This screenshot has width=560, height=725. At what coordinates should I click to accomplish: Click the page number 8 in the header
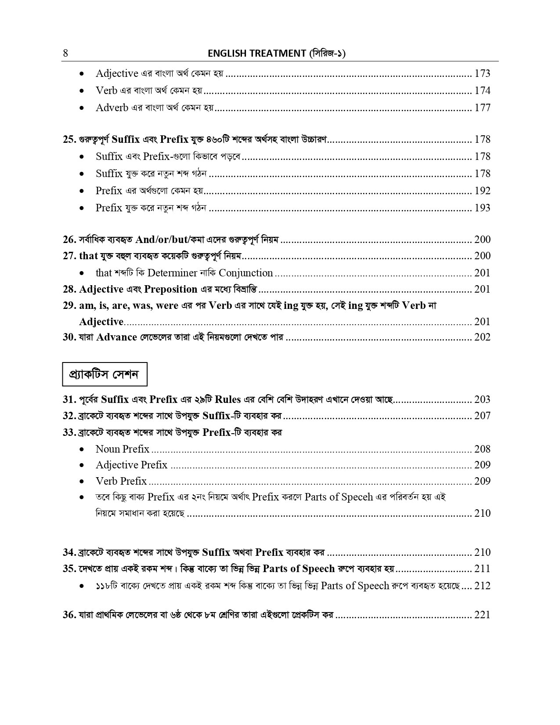65,54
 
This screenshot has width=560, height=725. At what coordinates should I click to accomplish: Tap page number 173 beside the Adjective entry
482,73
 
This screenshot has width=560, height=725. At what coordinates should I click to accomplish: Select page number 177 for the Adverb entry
482,108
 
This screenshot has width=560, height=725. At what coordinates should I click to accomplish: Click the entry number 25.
69,140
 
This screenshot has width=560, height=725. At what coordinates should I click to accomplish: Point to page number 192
482,191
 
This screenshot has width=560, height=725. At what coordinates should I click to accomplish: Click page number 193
482,208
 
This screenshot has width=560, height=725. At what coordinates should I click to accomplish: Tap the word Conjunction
246,273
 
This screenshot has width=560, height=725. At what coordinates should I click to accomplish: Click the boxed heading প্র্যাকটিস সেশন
105,374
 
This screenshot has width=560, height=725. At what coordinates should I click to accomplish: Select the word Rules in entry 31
225,399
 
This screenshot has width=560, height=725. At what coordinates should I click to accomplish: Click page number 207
482,416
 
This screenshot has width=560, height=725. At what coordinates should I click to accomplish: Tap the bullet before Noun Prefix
82,449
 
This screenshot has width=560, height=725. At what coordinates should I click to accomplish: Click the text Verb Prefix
121,481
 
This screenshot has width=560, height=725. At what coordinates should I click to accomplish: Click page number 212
482,586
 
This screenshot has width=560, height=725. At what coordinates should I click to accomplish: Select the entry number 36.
69,615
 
